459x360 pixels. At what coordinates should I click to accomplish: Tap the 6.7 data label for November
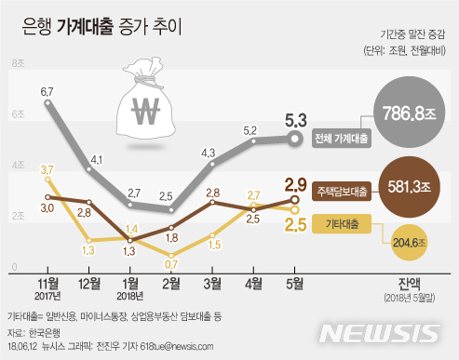click(x=47, y=91)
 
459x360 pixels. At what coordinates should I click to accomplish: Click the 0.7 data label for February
click(x=172, y=265)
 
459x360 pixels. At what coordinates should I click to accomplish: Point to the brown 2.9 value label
click(x=296, y=183)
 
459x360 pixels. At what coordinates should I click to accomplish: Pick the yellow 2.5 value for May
click(x=296, y=224)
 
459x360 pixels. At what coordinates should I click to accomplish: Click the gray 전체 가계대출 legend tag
click(x=342, y=139)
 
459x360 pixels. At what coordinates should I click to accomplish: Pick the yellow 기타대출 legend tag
click(x=342, y=223)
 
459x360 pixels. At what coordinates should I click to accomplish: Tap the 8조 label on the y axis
click(x=18, y=63)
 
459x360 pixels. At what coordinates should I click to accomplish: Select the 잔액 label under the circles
click(x=408, y=280)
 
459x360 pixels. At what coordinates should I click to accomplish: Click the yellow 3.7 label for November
click(x=47, y=169)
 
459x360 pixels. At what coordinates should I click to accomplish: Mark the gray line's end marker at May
click(x=296, y=139)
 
